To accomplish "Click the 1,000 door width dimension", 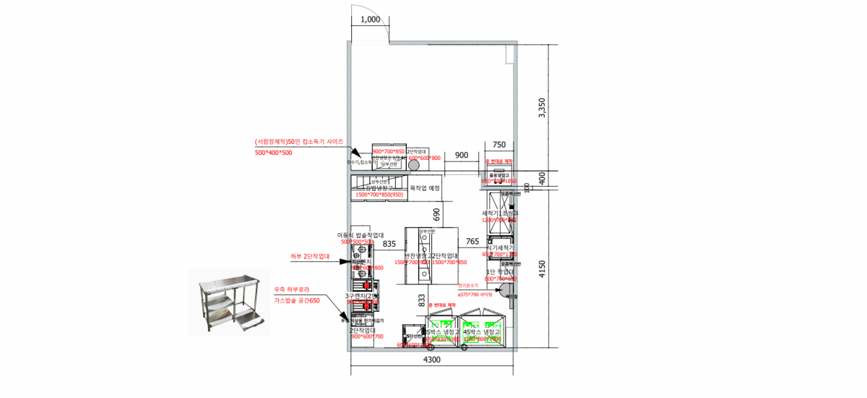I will coord(369,20).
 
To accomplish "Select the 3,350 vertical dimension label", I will coord(544,107).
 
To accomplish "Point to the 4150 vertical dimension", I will coord(544,270).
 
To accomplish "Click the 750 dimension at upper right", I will coord(499,145).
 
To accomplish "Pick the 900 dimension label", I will coord(462,156).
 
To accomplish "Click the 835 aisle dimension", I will coord(389,245).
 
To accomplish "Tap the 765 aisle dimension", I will coord(473,242).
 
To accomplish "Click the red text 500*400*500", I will coord(273,153).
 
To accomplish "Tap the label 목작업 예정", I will coord(425,188).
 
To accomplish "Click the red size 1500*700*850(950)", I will coord(379,195).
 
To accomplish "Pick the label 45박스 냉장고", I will coord(481,331).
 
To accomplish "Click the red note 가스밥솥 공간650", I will coord(296,300).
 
